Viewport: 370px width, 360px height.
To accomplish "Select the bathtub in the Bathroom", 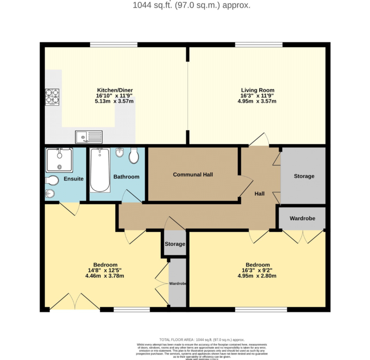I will [100, 170].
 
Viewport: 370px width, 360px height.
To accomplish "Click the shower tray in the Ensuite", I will [59, 160].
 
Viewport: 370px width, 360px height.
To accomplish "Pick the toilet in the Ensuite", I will [51, 180].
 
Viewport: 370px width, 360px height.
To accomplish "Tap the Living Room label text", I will [257, 90].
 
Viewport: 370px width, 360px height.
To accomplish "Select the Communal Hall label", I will [193, 174].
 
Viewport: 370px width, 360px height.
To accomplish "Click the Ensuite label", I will [73, 179].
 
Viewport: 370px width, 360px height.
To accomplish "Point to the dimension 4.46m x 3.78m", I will [105, 276].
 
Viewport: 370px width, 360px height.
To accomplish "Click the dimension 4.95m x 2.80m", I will [257, 276].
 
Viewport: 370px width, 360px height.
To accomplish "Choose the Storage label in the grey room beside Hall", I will [304, 176].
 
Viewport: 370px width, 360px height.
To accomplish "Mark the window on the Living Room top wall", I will [259, 45].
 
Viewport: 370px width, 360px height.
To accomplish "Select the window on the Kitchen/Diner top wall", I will [113, 45].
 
